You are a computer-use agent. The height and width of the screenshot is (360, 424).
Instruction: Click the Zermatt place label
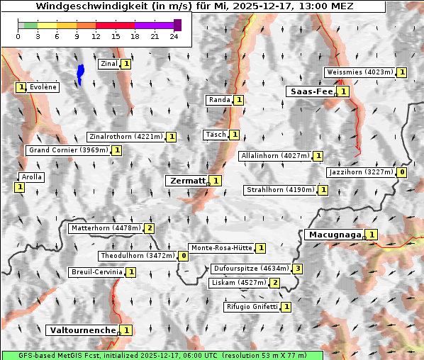pos(186,181)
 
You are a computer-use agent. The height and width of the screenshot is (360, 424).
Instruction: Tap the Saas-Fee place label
pos(310,91)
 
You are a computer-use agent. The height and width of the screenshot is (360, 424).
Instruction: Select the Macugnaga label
pos(333,235)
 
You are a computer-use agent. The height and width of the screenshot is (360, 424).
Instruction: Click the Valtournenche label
pos(82,330)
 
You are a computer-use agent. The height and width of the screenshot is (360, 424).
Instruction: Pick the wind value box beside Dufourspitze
pos(299,269)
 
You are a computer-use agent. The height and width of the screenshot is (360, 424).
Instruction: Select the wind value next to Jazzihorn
pos(402,172)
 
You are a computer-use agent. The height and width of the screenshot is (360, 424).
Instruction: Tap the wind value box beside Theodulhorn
pos(183,256)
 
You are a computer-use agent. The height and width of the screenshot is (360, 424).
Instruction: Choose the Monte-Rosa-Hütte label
pos(221,248)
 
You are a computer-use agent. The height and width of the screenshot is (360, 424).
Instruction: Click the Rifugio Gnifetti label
pos(252,307)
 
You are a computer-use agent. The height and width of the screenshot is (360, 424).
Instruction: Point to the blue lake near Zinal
pos(80,74)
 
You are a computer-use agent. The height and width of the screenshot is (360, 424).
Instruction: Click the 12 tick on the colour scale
pos(96,35)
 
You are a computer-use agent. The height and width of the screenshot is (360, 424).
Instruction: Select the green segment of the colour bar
pos(30,25)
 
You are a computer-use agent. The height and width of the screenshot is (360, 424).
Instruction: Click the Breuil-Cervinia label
pos(96,272)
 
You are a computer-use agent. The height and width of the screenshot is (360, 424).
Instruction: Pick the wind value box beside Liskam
pos(275,283)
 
